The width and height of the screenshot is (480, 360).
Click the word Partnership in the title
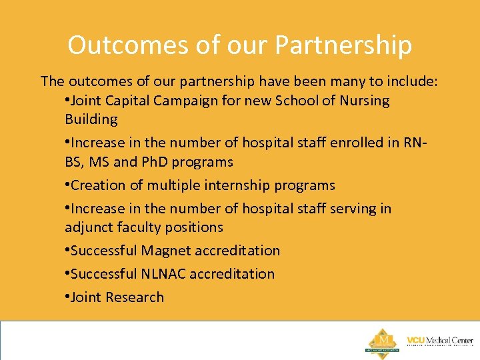(343, 45)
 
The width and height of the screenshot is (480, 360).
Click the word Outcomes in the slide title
(119, 45)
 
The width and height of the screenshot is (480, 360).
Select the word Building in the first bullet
(91, 119)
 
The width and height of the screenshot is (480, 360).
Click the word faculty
(139, 227)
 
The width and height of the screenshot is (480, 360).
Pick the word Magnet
(168, 251)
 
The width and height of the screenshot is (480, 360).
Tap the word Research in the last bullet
(134, 297)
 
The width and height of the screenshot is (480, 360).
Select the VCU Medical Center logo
(439, 341)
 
